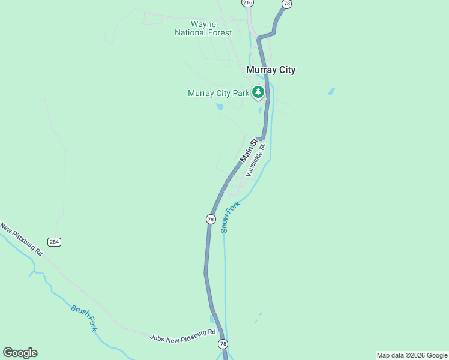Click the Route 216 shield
[248, 3]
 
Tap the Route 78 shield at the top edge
[287, 4]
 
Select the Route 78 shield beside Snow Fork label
[211, 220]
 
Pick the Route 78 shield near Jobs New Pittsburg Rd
[223, 344]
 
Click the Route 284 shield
[55, 242]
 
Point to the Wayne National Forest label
[203, 28]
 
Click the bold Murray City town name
[271, 70]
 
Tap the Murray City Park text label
[218, 93]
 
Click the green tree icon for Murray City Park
[258, 92]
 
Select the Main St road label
[249, 151]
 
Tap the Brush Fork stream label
[84, 318]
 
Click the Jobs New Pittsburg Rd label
[182, 335]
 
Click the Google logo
[20, 353]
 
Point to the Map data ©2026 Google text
[412, 355]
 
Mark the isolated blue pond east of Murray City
[331, 92]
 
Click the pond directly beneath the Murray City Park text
[220, 107]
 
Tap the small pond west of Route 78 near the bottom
[211, 319]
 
